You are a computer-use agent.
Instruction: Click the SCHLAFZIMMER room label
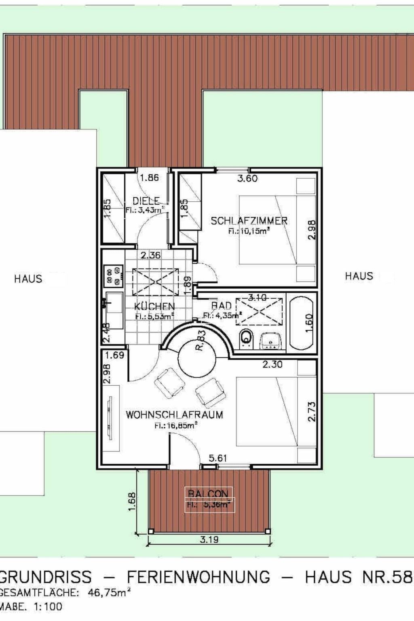pyautogui.click(x=249, y=221)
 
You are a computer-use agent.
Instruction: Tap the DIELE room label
pyautogui.click(x=146, y=201)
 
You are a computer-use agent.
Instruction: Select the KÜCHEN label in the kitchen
pyautogui.click(x=154, y=306)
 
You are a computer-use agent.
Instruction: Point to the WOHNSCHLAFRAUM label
pyautogui.click(x=174, y=415)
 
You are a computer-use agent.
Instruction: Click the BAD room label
pyautogui.click(x=222, y=306)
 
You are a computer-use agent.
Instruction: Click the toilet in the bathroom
pyautogui.click(x=246, y=338)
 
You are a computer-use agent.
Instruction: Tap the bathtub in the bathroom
pyautogui.click(x=302, y=323)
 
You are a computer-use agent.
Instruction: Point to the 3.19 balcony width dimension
pyautogui.click(x=209, y=539)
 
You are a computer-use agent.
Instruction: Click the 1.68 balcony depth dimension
pyautogui.click(x=132, y=501)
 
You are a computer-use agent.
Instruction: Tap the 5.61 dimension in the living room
pyautogui.click(x=218, y=458)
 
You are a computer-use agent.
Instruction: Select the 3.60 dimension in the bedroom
pyautogui.click(x=247, y=178)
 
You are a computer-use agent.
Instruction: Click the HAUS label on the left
pyautogui.click(x=28, y=279)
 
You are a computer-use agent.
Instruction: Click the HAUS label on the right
pyautogui.click(x=359, y=276)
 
